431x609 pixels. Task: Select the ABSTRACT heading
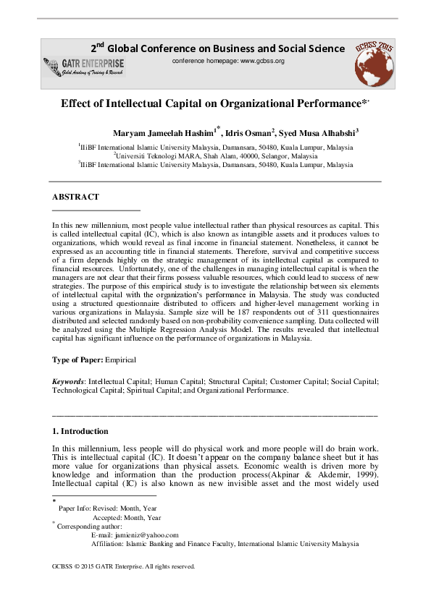pyautogui.click(x=75, y=197)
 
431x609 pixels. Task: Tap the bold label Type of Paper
pyautogui.click(x=78, y=359)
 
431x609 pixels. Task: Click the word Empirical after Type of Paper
pyautogui.click(x=120, y=359)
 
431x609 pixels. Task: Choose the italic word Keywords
pyautogui.click(x=68, y=381)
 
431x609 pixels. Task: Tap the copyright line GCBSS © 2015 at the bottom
pyautogui.click(x=124, y=567)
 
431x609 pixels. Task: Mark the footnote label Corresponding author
pyautogui.click(x=88, y=527)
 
